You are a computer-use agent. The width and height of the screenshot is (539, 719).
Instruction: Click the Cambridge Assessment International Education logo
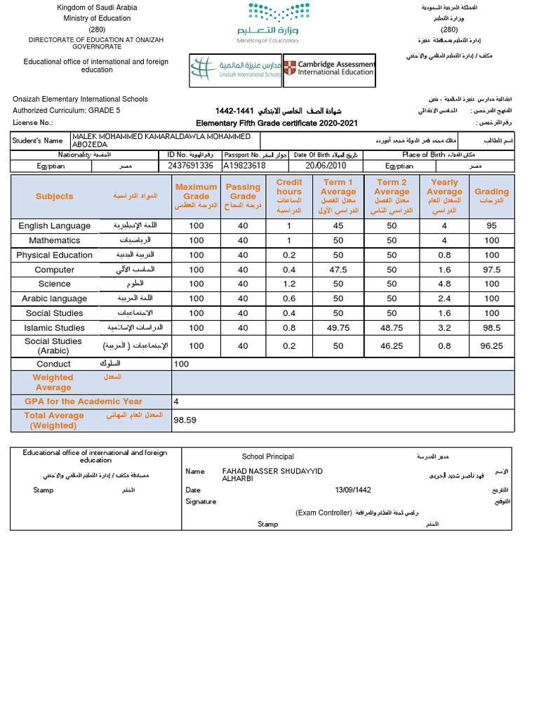(329, 69)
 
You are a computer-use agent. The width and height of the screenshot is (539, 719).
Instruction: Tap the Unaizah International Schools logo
(235, 69)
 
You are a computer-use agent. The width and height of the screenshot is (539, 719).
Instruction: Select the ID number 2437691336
(192, 166)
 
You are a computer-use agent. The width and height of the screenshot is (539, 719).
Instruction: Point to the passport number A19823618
(244, 166)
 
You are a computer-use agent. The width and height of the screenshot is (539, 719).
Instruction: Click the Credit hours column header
(288, 196)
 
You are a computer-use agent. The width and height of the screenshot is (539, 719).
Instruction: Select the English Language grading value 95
(491, 226)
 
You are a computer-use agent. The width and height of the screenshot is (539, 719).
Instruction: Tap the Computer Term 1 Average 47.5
(338, 270)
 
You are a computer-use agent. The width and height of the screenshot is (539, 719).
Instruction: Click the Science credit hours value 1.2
(288, 284)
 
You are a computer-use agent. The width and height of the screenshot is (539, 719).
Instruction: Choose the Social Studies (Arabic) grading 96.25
(491, 346)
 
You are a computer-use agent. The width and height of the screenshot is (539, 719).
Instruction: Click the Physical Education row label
(54, 256)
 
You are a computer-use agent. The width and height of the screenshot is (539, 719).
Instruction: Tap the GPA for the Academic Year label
(84, 402)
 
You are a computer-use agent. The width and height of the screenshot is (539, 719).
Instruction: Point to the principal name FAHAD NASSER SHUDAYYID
(272, 471)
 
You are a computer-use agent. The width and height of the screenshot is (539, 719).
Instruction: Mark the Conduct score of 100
(182, 364)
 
